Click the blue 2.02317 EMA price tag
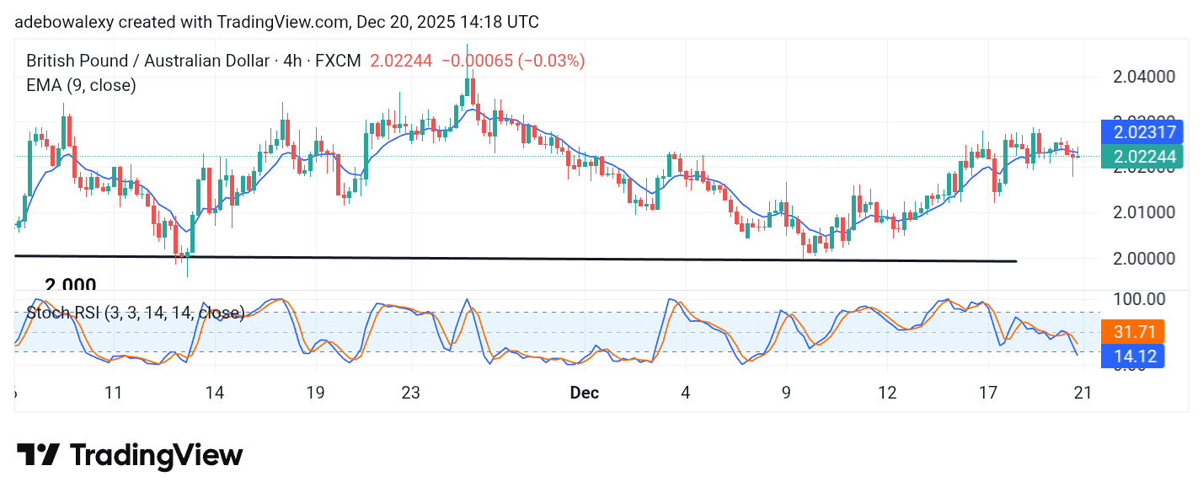tap(1142, 132)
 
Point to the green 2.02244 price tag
tap(1142, 157)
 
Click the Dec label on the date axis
tap(584, 393)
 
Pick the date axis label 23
tap(410, 393)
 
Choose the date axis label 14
tap(214, 393)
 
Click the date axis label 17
tap(988, 393)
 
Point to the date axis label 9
tap(786, 393)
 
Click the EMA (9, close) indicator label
tap(81, 85)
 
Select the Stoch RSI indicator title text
tap(135, 313)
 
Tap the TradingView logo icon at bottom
tap(38, 456)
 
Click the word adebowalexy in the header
tap(63, 22)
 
